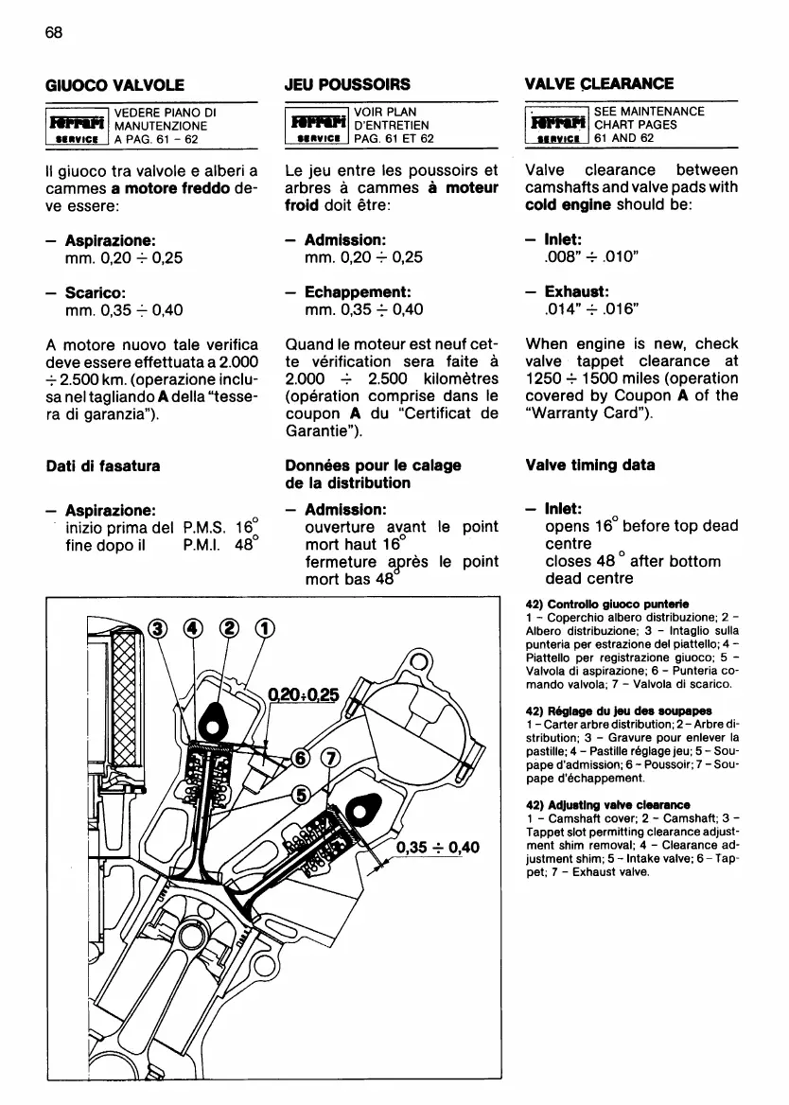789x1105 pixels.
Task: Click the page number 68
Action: click(53, 32)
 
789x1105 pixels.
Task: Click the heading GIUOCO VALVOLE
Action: click(114, 84)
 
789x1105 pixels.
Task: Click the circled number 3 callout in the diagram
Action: click(158, 629)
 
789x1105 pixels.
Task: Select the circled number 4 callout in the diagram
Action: click(193, 629)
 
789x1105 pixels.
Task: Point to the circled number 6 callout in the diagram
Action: click(301, 758)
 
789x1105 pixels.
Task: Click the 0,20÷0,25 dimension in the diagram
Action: click(302, 694)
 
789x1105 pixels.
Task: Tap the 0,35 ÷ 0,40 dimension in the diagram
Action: click(435, 847)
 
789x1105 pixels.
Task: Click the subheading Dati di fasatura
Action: click(103, 465)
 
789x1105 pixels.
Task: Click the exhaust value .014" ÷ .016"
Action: click(586, 308)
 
